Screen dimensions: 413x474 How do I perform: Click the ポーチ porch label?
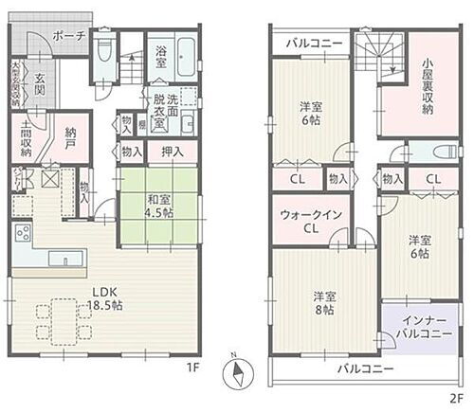click(68, 35)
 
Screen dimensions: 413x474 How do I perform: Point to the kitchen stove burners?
click(22, 234)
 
